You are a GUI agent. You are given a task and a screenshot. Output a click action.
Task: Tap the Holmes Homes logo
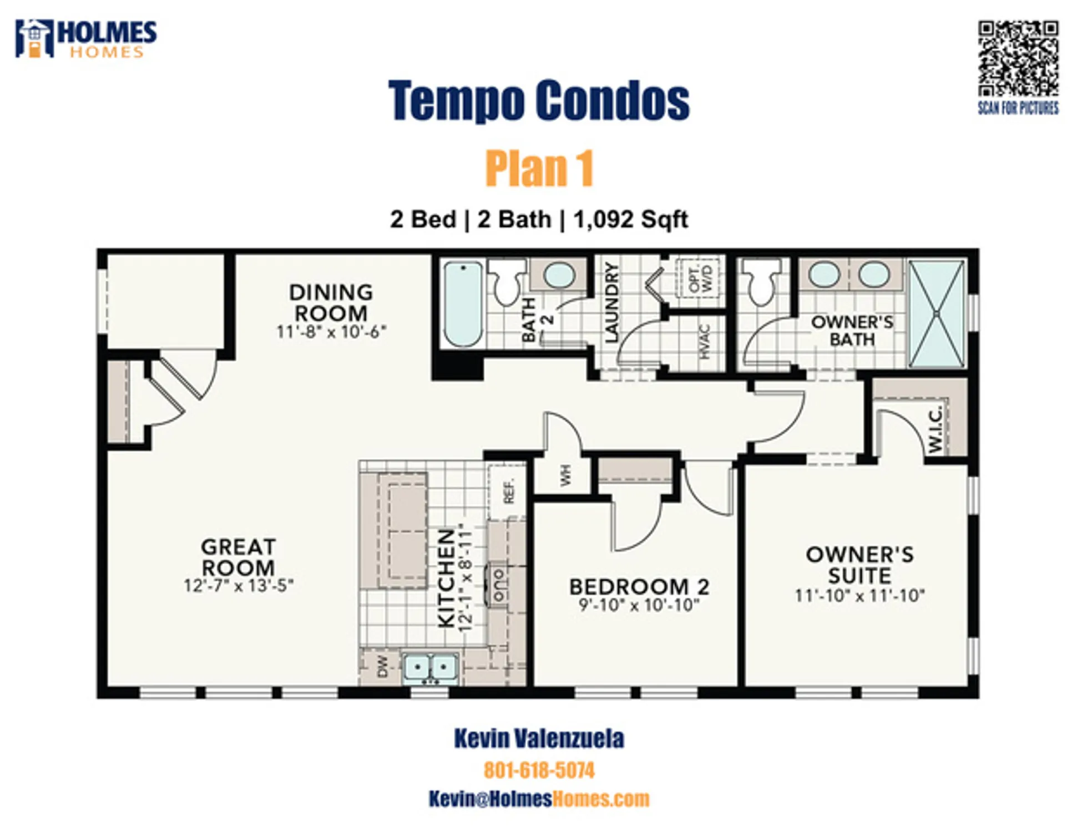click(x=86, y=39)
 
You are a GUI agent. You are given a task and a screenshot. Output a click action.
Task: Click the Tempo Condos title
click(x=538, y=100)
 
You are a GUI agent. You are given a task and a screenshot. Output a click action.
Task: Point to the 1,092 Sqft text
click(x=630, y=220)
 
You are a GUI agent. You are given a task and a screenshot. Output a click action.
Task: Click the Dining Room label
click(x=331, y=303)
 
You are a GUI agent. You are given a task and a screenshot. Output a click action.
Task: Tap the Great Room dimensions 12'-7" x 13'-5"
click(x=239, y=586)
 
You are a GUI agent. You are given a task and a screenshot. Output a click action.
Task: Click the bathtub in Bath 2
click(x=462, y=304)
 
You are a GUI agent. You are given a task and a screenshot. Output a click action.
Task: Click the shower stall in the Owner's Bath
click(x=936, y=314)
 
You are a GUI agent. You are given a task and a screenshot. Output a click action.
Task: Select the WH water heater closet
click(x=564, y=475)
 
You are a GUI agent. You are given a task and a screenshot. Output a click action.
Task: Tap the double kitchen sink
click(x=430, y=667)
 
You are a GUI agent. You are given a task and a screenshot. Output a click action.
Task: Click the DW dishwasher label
click(x=382, y=667)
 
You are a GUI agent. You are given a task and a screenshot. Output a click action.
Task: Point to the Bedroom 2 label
click(x=639, y=587)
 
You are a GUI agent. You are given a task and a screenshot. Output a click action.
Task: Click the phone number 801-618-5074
click(x=539, y=770)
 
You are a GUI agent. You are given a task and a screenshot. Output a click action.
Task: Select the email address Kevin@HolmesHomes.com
click(x=539, y=799)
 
